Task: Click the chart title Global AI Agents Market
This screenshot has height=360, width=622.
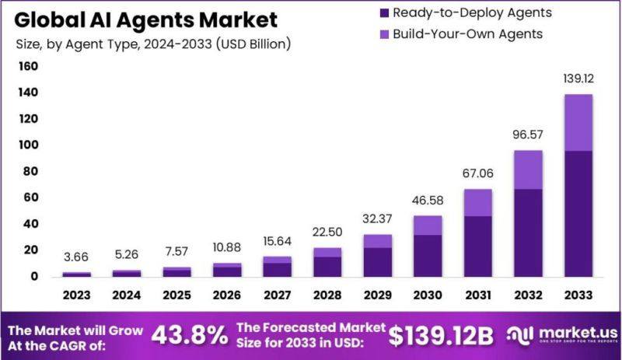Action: click(146, 19)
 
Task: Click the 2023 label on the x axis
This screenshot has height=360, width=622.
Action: click(76, 295)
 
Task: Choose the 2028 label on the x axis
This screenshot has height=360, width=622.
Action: click(327, 295)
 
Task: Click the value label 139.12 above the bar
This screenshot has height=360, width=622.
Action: click(578, 79)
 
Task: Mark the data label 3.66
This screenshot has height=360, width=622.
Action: click(76, 257)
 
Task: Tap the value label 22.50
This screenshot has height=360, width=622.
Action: click(327, 232)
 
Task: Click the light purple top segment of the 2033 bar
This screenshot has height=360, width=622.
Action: click(578, 122)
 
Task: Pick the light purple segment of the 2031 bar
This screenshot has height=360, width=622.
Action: click(478, 202)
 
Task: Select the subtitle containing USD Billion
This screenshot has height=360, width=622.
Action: click(154, 44)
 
